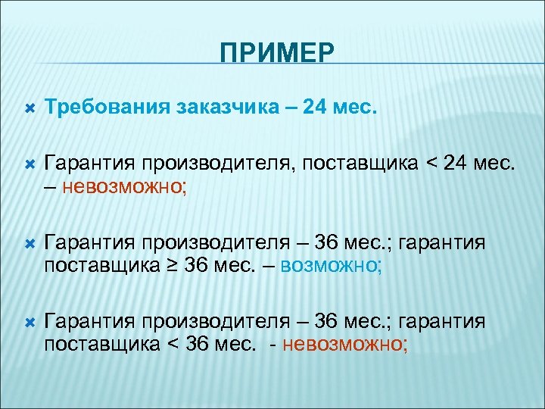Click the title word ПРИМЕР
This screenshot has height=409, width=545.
(x=277, y=53)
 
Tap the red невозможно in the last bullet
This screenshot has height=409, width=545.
(x=345, y=345)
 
